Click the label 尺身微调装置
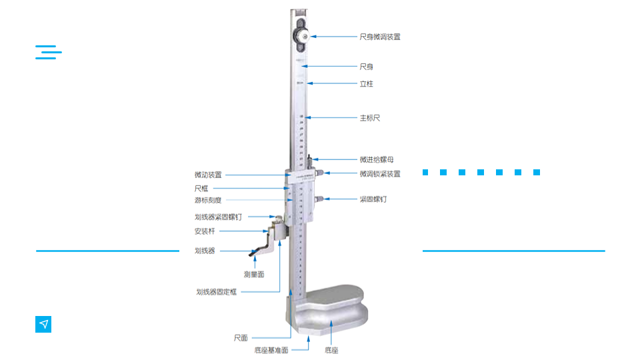379,37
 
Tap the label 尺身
366,67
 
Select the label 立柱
366,84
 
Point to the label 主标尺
369,118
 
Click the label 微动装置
208,175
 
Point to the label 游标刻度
208,200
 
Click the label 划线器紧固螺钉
218,217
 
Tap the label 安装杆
205,231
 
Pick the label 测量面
254,274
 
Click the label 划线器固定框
216,292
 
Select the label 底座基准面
271,350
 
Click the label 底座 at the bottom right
331,350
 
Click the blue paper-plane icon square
43,324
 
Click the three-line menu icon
48,53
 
